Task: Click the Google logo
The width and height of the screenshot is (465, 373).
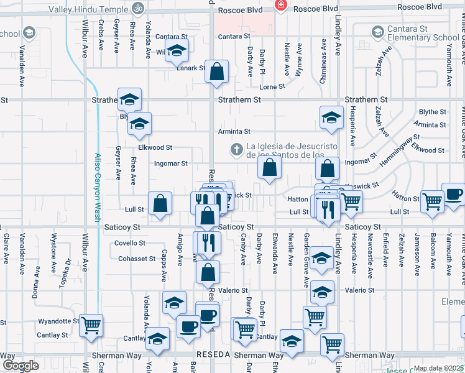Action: (21, 366)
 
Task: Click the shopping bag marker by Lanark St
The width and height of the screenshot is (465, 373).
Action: (216, 73)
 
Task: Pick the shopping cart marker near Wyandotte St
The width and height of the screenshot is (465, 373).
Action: (91, 325)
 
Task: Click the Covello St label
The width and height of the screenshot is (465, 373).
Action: (132, 243)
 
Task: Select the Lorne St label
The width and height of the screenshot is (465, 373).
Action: (272, 87)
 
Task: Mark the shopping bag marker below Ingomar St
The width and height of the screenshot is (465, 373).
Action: (269, 167)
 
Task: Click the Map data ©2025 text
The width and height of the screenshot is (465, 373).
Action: (438, 368)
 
